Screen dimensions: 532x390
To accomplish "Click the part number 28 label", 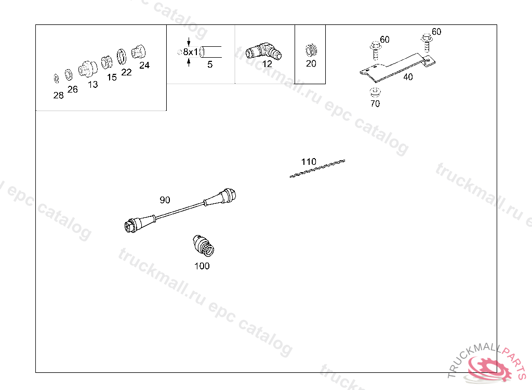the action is [58, 96].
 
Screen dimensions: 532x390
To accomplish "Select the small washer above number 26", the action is [69, 75].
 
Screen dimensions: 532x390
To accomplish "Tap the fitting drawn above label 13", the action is [87, 69].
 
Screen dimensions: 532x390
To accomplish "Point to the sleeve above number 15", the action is [107, 62].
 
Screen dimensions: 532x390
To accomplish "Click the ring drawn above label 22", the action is [122, 57].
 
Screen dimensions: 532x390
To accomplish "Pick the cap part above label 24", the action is [138, 52].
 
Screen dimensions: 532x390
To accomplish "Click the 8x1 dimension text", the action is [190, 52].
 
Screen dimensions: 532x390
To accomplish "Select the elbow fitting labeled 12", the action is [263, 51].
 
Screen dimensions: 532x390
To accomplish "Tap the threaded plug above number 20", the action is [311, 50].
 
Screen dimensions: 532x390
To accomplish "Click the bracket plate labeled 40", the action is [397, 68].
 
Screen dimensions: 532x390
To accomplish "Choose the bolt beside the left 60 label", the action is [375, 50].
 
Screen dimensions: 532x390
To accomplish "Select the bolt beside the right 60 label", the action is [427, 43].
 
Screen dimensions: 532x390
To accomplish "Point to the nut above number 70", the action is [375, 92].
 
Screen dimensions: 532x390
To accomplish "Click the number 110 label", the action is [309, 162].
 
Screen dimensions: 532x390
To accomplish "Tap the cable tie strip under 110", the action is [317, 168].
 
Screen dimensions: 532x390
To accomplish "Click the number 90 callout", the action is [165, 200].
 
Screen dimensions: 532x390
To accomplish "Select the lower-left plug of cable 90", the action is [140, 224].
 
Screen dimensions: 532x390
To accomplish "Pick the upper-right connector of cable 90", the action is [220, 198].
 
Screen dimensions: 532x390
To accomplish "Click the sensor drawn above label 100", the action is [203, 245].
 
